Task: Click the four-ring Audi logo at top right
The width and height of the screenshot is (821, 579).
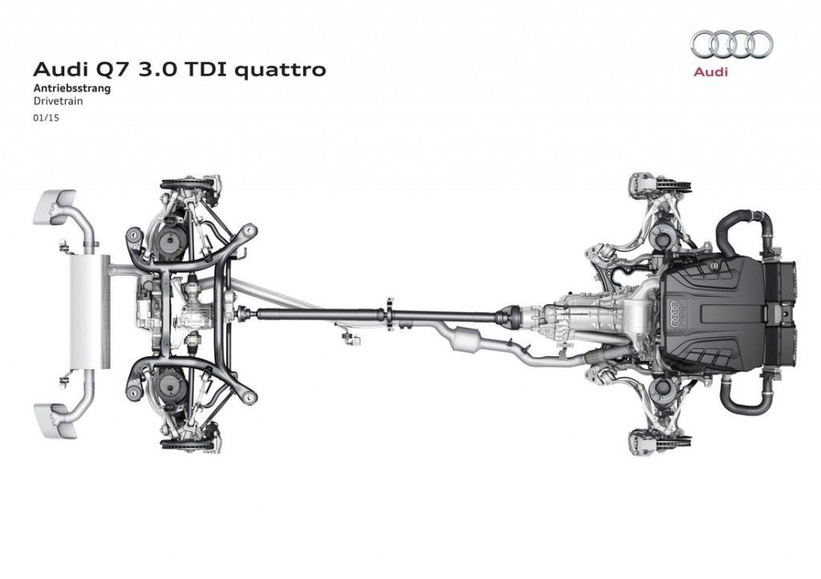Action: (x=731, y=44)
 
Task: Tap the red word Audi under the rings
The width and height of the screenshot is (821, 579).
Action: (x=710, y=71)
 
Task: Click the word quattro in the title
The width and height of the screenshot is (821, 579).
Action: (x=280, y=70)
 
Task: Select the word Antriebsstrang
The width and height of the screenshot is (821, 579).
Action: (x=72, y=88)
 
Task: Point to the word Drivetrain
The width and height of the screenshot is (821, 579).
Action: (x=58, y=102)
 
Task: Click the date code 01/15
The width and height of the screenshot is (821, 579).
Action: (x=46, y=118)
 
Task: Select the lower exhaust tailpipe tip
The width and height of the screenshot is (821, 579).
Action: (x=55, y=419)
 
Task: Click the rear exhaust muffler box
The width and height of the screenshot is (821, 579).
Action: (x=90, y=313)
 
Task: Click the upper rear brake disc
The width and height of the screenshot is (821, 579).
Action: (x=191, y=183)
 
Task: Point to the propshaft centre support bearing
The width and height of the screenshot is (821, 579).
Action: (x=390, y=314)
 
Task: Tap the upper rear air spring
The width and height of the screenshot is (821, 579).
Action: (x=171, y=242)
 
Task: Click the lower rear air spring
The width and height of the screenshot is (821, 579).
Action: (x=171, y=386)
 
